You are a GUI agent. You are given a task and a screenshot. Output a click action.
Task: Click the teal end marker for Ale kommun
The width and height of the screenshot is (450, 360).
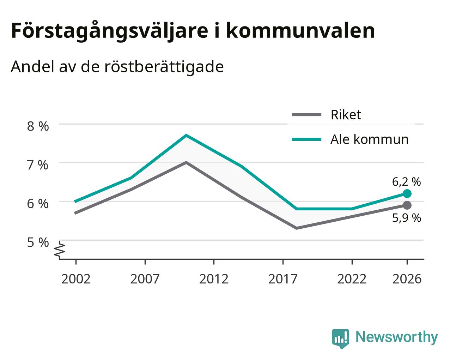pyautogui.click(x=407, y=193)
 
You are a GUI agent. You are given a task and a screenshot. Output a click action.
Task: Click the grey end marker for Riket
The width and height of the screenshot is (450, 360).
pyautogui.click(x=407, y=205)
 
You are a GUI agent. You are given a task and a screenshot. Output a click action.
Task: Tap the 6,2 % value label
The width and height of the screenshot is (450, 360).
pyautogui.click(x=406, y=182)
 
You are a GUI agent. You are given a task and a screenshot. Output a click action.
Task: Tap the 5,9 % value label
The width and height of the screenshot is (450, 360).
pyautogui.click(x=406, y=218)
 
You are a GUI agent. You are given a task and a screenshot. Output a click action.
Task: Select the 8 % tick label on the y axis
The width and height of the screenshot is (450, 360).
pyautogui.click(x=38, y=126)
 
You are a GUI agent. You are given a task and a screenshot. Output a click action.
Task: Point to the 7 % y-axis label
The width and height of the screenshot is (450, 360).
pyautogui.click(x=38, y=165)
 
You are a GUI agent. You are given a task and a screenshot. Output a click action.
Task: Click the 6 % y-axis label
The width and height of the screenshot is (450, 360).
pyautogui.click(x=38, y=204)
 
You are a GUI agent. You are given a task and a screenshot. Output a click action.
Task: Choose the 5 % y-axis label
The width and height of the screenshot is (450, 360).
pyautogui.click(x=38, y=242)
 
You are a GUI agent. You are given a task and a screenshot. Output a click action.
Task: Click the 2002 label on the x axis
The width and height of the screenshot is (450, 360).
pyautogui.click(x=76, y=279)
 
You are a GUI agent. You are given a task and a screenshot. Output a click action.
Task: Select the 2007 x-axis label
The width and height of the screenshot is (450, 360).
pyautogui.click(x=145, y=279)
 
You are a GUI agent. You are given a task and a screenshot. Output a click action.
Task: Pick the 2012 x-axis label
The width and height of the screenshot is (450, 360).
pyautogui.click(x=214, y=279)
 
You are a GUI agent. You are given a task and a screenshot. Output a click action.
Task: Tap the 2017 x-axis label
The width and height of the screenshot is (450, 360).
pyautogui.click(x=283, y=279)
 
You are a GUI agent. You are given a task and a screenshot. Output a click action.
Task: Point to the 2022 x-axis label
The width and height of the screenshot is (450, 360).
pyautogui.click(x=352, y=279)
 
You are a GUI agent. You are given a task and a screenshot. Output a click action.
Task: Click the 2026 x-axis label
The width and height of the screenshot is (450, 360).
pyautogui.click(x=407, y=279)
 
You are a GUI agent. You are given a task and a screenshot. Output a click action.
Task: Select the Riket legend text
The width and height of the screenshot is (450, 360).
pyautogui.click(x=346, y=115)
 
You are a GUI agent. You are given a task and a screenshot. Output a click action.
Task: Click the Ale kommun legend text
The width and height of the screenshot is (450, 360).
pyautogui.click(x=370, y=139)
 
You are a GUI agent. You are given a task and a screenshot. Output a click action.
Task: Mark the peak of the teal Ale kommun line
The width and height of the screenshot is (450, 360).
pyautogui.click(x=186, y=135)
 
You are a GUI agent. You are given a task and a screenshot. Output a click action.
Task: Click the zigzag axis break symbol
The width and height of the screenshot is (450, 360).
pyautogui.click(x=60, y=250)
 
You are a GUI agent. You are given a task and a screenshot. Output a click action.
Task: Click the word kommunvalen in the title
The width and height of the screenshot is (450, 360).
pyautogui.click(x=300, y=31)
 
